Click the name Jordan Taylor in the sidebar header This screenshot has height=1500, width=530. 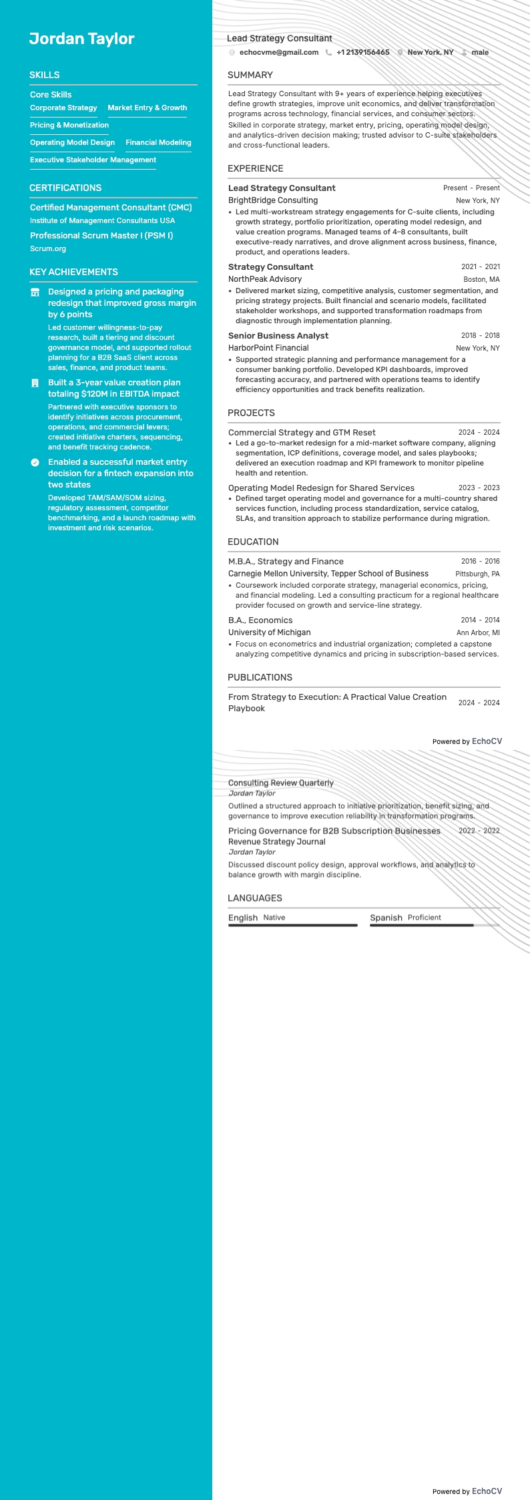[81, 39]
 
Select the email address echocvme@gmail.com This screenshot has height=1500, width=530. [278, 52]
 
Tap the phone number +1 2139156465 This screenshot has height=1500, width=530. [362, 52]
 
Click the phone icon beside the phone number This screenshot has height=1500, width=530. [328, 52]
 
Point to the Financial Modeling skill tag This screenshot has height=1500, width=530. [158, 142]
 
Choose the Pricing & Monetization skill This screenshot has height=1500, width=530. [69, 125]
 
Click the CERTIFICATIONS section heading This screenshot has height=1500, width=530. [65, 188]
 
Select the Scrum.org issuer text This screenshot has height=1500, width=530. [48, 248]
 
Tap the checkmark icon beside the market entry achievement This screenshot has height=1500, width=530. [35, 462]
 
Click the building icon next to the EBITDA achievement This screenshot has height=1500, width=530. [35, 383]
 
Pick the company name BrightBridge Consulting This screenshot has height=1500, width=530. [273, 200]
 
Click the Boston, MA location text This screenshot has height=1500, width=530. [481, 280]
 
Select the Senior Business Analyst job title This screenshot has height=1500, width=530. [278, 336]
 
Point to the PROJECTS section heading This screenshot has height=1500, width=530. [251, 413]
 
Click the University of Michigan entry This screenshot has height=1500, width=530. [270, 632]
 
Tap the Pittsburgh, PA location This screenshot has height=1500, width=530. [477, 574]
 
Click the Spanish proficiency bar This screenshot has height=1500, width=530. [435, 925]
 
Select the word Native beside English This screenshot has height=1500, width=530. [274, 918]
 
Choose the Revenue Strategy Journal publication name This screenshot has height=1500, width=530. [277, 841]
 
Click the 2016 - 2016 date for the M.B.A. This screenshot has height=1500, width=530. [480, 562]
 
